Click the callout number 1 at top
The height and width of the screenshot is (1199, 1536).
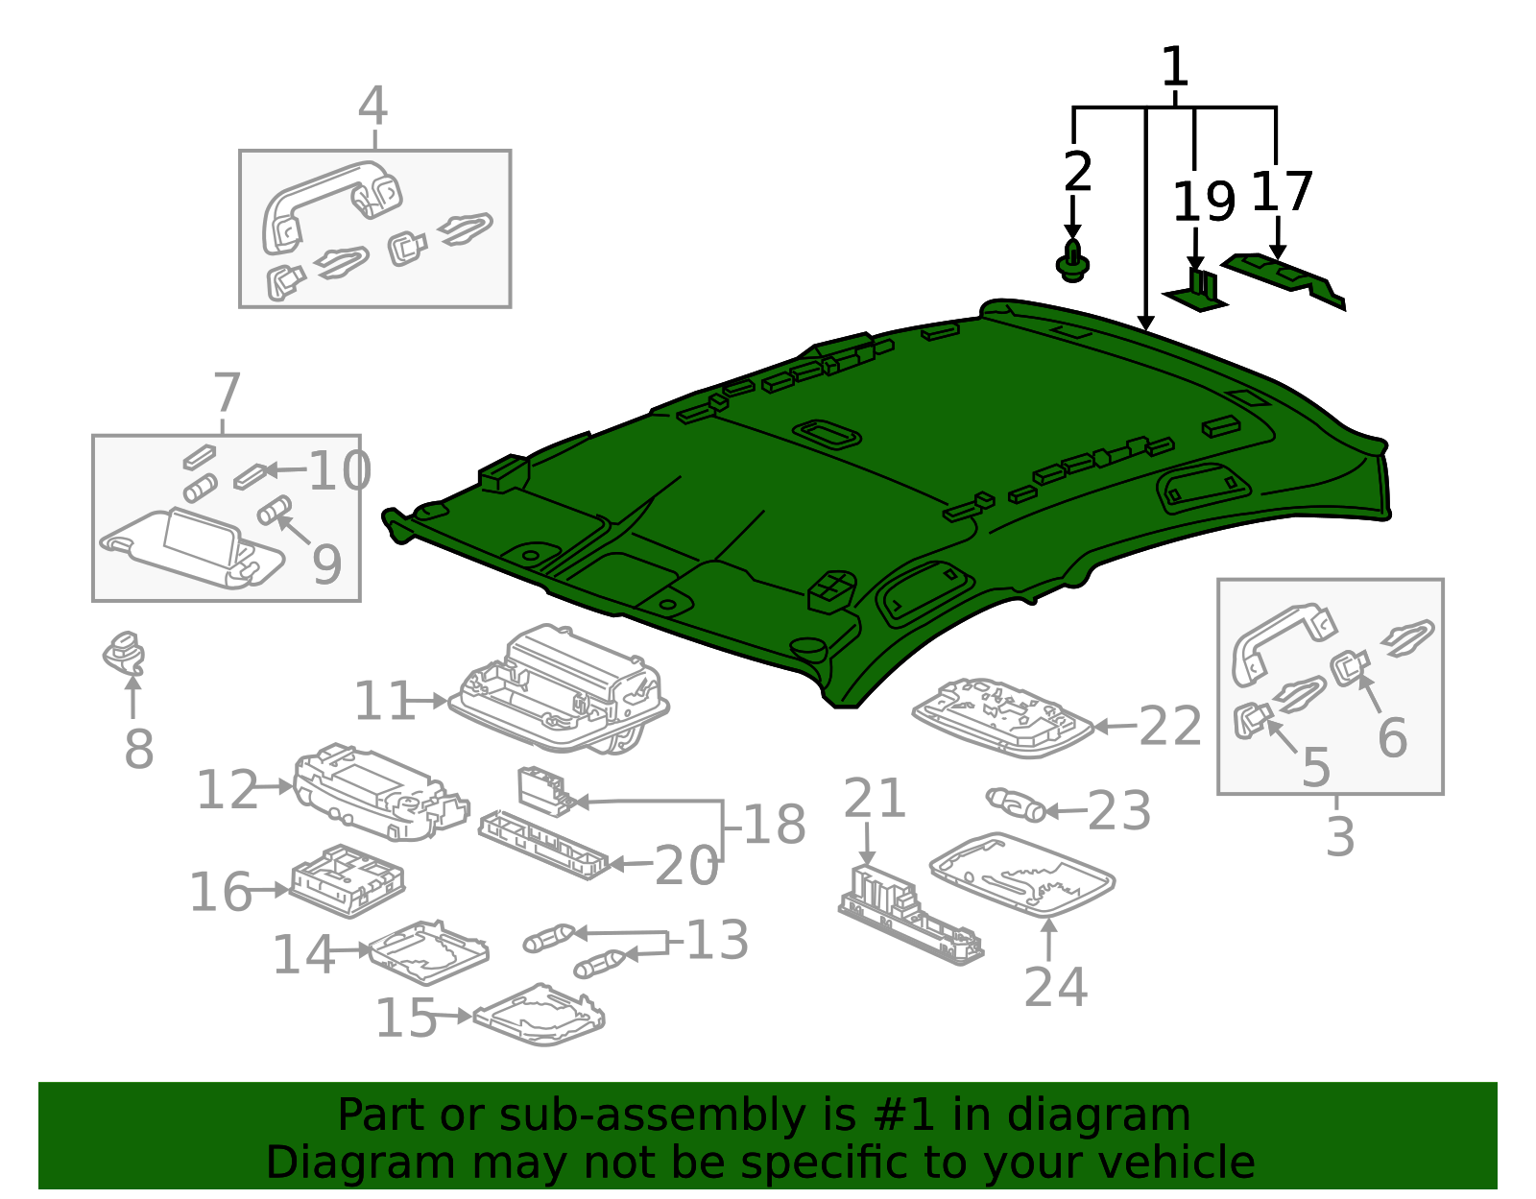tap(1175, 66)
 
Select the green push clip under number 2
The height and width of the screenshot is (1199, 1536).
tap(1072, 261)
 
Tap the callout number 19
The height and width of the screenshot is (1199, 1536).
tap(1205, 202)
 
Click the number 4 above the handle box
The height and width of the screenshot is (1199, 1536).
tap(372, 106)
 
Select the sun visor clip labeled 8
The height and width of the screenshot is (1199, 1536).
tap(125, 654)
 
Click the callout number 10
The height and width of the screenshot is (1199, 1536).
tap(340, 469)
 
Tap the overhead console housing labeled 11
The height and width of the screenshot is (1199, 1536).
tap(559, 688)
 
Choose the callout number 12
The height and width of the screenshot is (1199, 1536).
tap(228, 789)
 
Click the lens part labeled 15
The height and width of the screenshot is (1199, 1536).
tap(540, 1014)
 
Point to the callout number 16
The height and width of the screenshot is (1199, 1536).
tap(221, 892)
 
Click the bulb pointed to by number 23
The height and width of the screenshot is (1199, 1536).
tap(1016, 804)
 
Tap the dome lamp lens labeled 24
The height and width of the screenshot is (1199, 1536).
tap(1022, 875)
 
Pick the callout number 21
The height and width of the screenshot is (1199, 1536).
tap(875, 798)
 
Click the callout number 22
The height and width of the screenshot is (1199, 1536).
tap(1170, 725)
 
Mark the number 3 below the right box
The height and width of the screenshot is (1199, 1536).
tap(1340, 836)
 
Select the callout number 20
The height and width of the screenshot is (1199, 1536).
tap(686, 866)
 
